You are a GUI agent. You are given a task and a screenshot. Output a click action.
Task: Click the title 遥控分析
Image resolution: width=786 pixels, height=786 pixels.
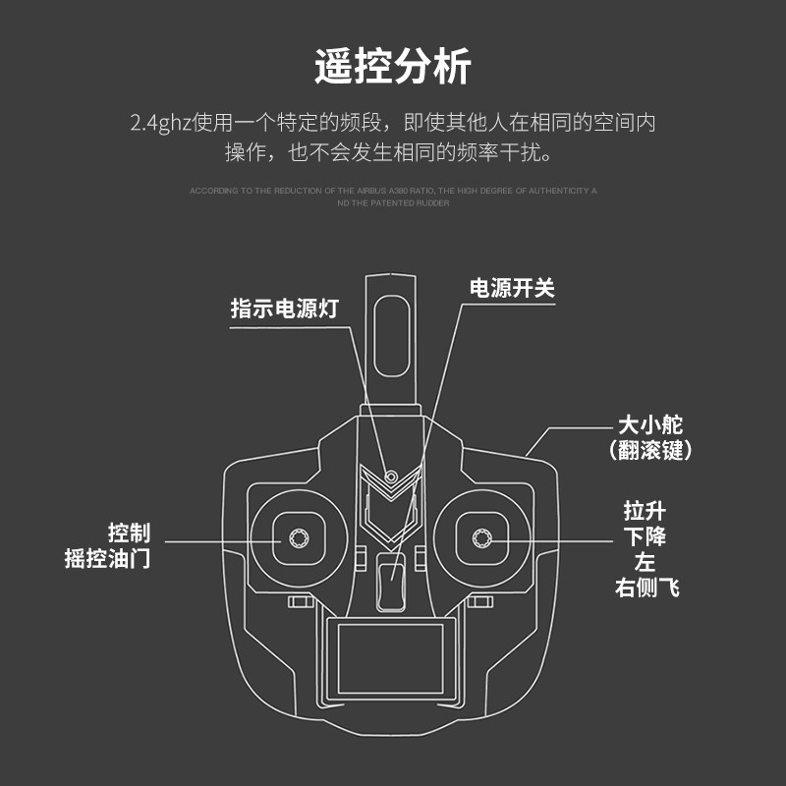tap(393, 67)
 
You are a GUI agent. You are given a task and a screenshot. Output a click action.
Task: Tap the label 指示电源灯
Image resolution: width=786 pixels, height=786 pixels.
tap(284, 309)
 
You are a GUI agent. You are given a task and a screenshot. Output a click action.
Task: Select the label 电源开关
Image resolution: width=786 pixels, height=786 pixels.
tap(512, 288)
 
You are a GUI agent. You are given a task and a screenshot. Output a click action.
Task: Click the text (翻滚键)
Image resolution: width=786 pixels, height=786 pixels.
tap(650, 451)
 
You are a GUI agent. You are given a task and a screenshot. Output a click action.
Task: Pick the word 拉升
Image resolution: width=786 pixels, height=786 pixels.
tap(645, 512)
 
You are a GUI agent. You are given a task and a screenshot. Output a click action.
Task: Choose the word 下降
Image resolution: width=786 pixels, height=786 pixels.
tap(645, 537)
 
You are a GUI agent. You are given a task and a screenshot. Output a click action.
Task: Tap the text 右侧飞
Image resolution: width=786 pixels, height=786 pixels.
tap(646, 588)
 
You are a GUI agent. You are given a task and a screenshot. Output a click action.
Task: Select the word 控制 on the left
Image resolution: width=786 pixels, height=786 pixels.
tap(129, 533)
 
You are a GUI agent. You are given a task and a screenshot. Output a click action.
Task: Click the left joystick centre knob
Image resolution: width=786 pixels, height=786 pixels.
tap(298, 537)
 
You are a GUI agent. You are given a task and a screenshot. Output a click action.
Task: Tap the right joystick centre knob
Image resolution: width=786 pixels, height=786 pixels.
tap(481, 537)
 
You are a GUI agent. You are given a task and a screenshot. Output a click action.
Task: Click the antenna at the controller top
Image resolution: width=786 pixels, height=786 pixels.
tap(392, 339)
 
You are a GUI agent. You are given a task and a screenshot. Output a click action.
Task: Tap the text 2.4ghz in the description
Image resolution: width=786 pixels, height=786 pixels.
tap(161, 125)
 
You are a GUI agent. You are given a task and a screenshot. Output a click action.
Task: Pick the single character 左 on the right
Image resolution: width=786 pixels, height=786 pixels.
tap(645, 563)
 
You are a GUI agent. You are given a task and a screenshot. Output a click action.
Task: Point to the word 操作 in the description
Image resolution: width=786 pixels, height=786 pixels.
tap(244, 153)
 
